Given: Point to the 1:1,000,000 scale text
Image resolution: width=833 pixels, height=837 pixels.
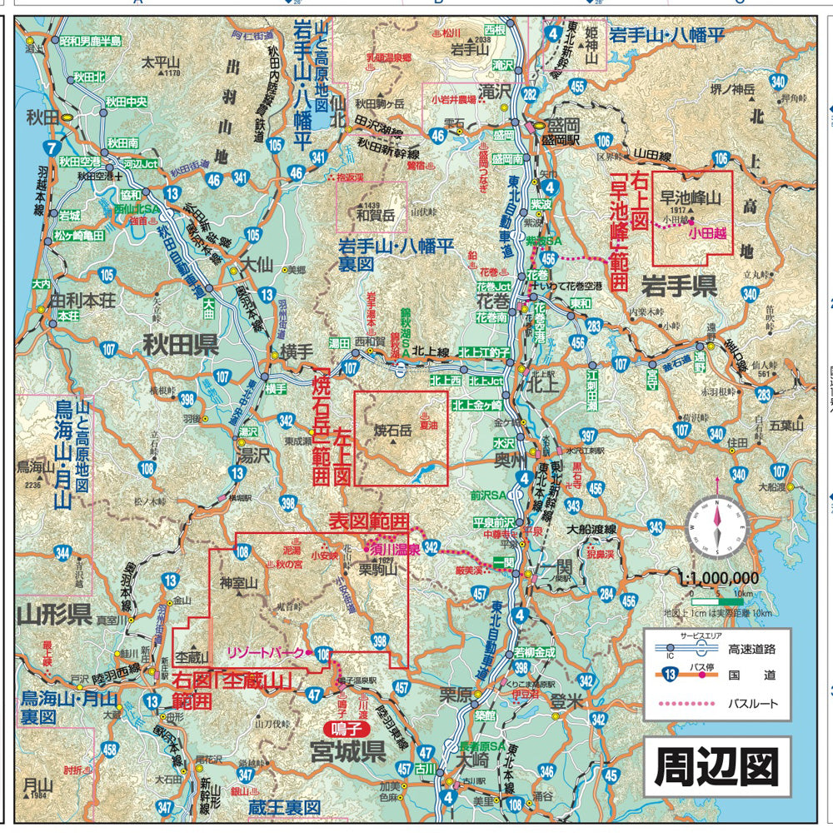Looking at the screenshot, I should (718, 578).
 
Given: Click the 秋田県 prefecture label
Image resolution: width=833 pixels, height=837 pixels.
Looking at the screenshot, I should (179, 344).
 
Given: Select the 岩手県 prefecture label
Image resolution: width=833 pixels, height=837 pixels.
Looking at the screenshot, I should (679, 287).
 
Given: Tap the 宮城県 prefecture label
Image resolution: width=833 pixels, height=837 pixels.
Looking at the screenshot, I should (347, 753).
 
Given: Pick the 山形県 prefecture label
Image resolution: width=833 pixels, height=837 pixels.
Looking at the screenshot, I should (54, 615).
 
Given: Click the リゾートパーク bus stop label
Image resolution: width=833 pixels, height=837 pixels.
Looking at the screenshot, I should (265, 652).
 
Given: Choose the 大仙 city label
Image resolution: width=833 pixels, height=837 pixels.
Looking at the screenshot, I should (256, 265).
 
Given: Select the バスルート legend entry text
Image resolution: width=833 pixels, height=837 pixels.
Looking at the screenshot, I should (753, 704).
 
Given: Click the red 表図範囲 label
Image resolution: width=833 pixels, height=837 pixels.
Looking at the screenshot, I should (369, 521).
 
